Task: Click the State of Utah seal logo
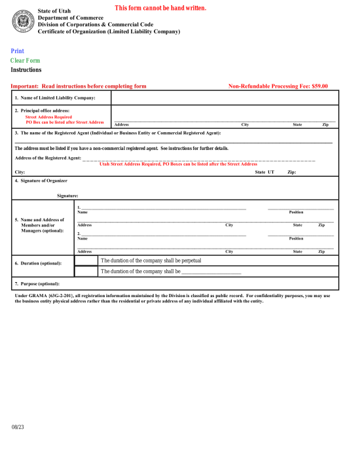(x=22, y=22)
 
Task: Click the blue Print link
(x=17, y=51)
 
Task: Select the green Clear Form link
(x=25, y=60)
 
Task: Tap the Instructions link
(x=26, y=69)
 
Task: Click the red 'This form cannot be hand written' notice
(x=160, y=8)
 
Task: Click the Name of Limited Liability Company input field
(x=225, y=98)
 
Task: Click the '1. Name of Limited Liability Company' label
(x=55, y=98)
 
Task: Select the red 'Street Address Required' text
(x=48, y=116)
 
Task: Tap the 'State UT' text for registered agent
(x=264, y=172)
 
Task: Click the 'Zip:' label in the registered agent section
(x=292, y=172)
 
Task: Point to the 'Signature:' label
(x=67, y=195)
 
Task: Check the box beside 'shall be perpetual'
(x=86, y=260)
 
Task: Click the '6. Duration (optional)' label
(x=39, y=263)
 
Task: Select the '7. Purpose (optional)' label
(x=37, y=283)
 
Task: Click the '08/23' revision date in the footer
(x=17, y=427)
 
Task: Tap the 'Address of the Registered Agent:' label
(x=48, y=158)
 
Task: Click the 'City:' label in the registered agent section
(x=20, y=172)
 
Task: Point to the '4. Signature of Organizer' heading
(x=41, y=180)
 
